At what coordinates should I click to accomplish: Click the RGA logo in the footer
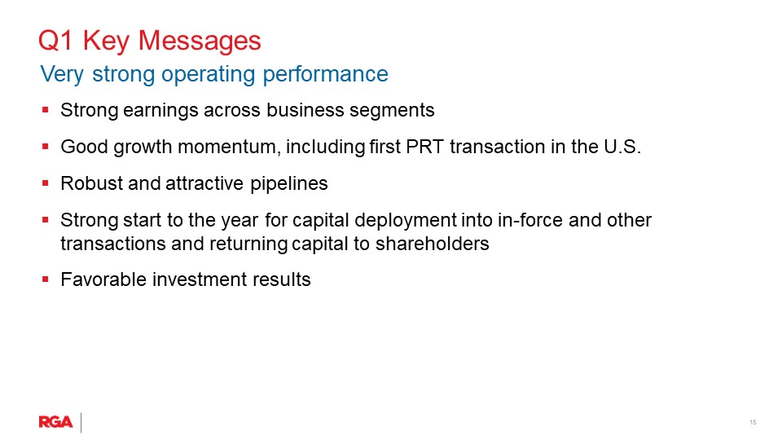coord(55,422)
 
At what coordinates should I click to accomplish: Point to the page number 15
coord(753,422)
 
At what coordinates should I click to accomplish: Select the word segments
coord(397,110)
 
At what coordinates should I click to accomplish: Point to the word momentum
coord(207,147)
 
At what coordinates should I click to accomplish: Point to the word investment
coord(189,279)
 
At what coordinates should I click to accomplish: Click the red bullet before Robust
coord(46,183)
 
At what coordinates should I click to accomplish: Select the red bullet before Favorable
coord(46,279)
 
